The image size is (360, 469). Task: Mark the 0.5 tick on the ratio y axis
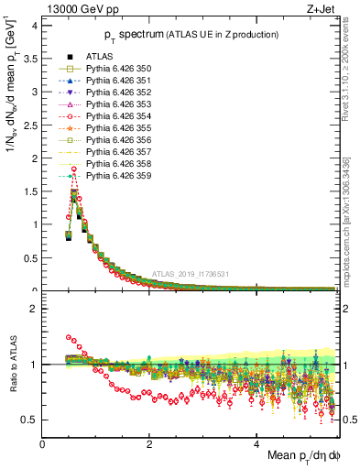pyautogui.click(x=30, y=420)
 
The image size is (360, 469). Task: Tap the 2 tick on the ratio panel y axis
pyautogui.click(x=33, y=309)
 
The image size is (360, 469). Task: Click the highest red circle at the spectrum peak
pyautogui.click(x=74, y=157)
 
